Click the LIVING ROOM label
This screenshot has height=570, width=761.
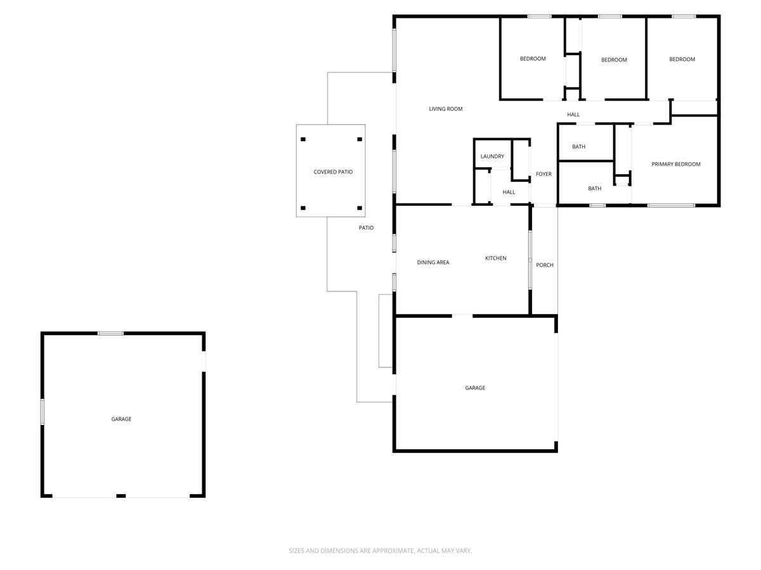click(x=446, y=109)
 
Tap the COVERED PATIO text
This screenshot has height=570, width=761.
click(x=333, y=172)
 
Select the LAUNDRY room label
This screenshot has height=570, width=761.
click(x=492, y=156)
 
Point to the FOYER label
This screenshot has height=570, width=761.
click(x=543, y=174)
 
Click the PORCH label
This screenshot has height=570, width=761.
click(x=545, y=265)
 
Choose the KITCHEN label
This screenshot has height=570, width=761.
click(x=496, y=258)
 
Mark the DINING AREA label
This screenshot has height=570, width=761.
click(x=433, y=262)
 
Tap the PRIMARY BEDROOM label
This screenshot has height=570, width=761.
click(x=676, y=164)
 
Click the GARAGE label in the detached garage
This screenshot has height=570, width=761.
click(x=121, y=419)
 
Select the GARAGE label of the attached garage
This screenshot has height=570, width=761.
click(x=475, y=388)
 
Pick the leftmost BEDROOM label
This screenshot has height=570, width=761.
click(x=533, y=59)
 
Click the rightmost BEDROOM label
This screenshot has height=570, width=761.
click(x=682, y=60)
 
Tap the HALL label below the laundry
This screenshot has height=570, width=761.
click(x=509, y=193)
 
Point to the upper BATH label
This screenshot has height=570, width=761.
click(x=578, y=147)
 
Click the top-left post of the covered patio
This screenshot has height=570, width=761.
click(x=303, y=139)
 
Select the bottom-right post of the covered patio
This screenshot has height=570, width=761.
click(x=360, y=208)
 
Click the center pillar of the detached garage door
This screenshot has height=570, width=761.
click(x=120, y=496)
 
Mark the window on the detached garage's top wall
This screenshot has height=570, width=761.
click(x=110, y=333)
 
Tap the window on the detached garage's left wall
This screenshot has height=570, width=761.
click(x=42, y=411)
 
